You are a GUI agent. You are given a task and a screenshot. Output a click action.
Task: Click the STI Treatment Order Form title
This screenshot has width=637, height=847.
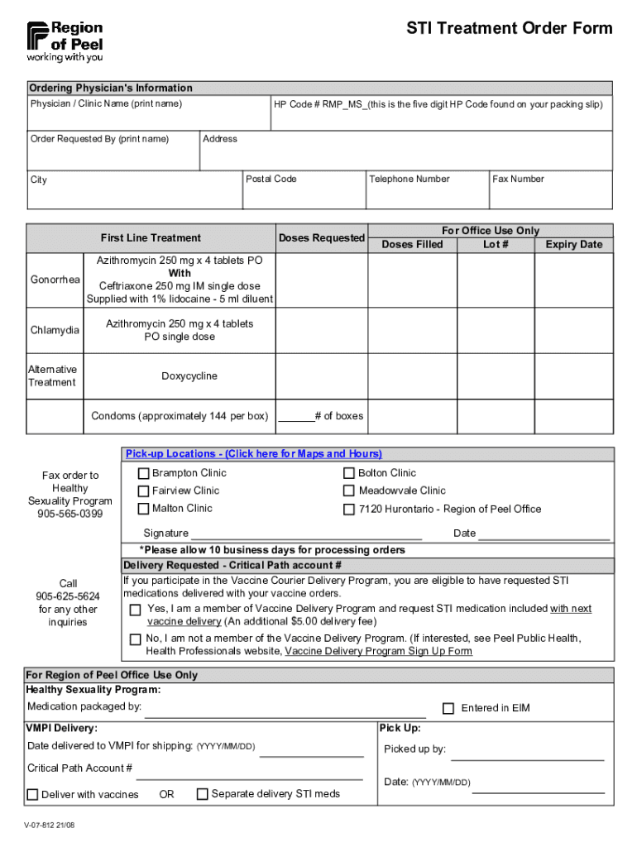509,29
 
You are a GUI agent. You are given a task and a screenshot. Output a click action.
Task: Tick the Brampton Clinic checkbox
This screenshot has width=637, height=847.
144,473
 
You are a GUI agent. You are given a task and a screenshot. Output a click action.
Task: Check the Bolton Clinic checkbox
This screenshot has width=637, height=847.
349,473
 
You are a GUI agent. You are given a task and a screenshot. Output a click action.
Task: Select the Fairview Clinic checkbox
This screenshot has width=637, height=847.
144,491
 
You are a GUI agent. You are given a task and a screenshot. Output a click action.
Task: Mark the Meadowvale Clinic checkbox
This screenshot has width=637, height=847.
349,491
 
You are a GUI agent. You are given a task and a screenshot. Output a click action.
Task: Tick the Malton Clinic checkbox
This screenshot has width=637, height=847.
144,510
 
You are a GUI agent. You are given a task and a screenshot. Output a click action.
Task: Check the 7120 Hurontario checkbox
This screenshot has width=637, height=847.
349,510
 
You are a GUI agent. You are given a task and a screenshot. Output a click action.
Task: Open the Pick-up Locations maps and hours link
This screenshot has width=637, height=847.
253,454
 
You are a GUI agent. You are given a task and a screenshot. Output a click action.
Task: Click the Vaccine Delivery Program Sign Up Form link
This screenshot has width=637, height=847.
378,651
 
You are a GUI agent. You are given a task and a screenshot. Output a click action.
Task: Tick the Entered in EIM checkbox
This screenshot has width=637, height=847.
448,709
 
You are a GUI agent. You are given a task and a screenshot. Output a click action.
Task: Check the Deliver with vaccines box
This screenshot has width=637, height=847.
33,795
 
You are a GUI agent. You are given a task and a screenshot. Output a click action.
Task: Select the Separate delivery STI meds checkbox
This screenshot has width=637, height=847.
202,794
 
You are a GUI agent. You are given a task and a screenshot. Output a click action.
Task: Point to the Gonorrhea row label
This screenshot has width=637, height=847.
55,280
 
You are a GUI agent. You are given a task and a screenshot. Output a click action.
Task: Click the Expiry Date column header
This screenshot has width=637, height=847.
573,245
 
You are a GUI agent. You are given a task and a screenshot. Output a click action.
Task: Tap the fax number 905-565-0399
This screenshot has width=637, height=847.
70,514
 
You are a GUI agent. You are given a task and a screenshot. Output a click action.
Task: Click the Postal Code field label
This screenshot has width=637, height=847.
271,179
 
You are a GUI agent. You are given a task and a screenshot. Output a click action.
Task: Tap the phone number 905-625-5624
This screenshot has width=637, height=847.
68,596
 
